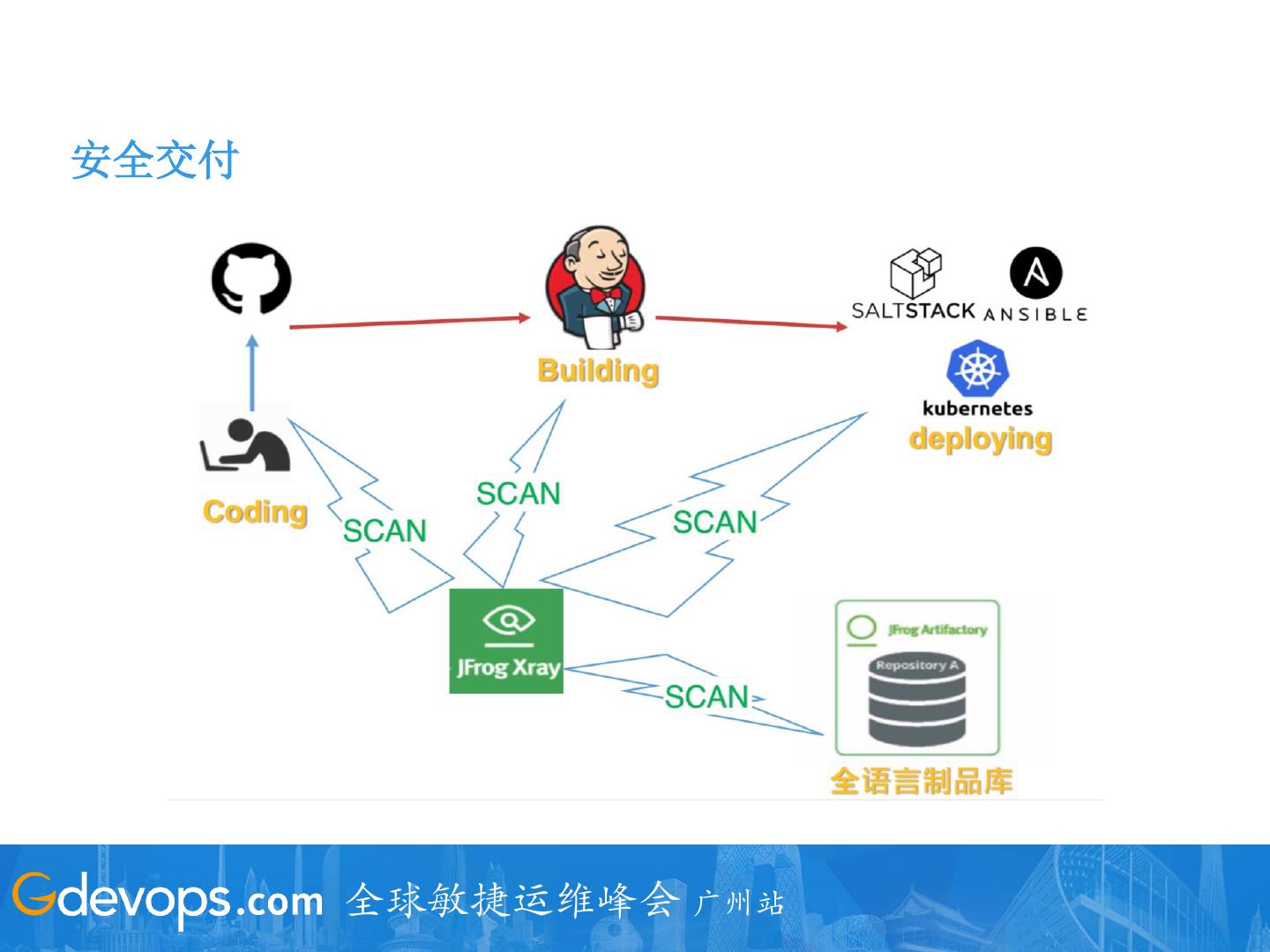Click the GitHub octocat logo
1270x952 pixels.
251,279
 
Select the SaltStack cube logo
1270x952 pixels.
915,274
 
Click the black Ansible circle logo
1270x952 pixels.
1035,273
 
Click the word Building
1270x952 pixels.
598,370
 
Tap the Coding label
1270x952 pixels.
255,512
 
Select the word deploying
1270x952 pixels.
980,438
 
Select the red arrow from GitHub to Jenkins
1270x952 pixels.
410,323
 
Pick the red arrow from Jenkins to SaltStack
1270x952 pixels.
751,323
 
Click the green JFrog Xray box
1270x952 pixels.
506,641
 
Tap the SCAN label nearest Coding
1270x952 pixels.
385,531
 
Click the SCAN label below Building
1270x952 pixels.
519,494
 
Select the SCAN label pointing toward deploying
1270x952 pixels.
714,522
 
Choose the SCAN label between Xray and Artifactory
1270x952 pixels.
706,696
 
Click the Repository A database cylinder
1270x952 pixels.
916,702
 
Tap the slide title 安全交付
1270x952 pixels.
154,160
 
